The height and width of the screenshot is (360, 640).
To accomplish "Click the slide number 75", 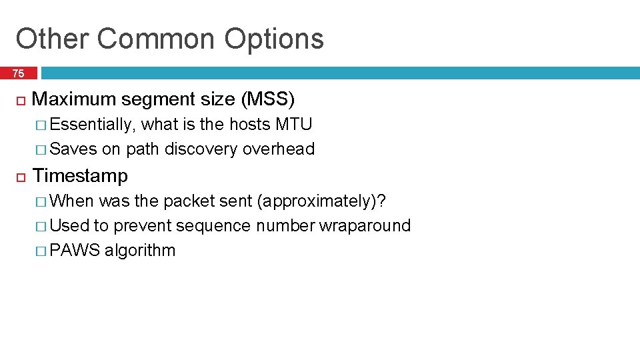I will tap(18, 73).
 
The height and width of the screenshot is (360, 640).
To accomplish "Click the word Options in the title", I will tap(274, 39).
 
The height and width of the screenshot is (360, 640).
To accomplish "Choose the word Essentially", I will tap(93, 125).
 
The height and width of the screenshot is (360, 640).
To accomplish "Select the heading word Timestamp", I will tap(80, 176).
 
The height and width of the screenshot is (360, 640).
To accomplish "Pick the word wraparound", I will tap(365, 226).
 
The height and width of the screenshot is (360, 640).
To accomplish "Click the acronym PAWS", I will tap(75, 251).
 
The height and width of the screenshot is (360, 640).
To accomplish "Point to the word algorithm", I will tap(140, 251).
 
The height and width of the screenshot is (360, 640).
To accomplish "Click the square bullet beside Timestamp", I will tap(21, 177).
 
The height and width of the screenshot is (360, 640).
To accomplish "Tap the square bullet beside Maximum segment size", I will tap(21, 100).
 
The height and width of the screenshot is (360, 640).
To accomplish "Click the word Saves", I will tap(73, 149).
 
